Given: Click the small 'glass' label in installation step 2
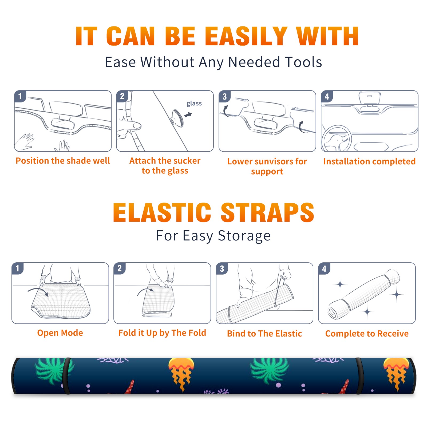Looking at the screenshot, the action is [194, 103].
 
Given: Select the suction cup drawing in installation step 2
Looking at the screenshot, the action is [177, 117].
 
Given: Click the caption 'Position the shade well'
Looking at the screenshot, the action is [63, 161].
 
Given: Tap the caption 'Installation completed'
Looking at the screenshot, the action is [369, 161].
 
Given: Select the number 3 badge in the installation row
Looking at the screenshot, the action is [224, 96].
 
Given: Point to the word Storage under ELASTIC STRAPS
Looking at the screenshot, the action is [244, 236].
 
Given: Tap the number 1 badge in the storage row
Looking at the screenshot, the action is [18, 268].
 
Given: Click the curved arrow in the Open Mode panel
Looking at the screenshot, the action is [38, 291].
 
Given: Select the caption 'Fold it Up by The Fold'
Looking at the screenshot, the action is [162, 333].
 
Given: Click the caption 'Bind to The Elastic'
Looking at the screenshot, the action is [264, 334].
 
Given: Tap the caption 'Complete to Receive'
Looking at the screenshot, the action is [367, 334].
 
